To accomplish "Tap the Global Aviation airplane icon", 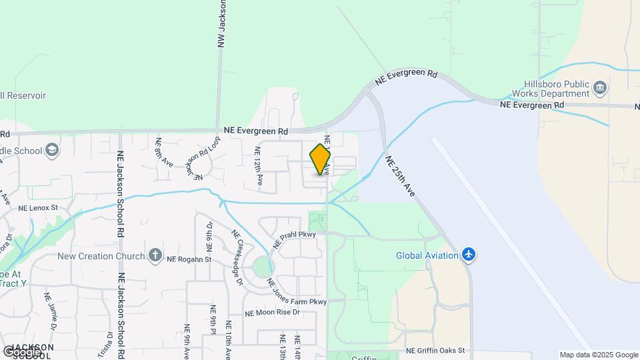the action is [469, 255].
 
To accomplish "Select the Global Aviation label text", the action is [427, 255].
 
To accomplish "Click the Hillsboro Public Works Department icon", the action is [599, 86].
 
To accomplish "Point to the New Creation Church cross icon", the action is [155, 255].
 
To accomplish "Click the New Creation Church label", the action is [101, 256].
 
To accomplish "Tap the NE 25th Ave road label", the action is [400, 177].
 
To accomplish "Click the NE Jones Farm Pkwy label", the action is [297, 291].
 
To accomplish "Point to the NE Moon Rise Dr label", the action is [273, 312].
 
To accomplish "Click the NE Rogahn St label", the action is [189, 259].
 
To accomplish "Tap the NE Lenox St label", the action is [39, 208].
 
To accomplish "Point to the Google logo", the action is [22, 351].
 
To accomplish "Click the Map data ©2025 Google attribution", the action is [598, 355].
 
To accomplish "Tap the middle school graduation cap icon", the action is [52, 151].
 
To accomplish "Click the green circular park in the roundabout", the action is [264, 268].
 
